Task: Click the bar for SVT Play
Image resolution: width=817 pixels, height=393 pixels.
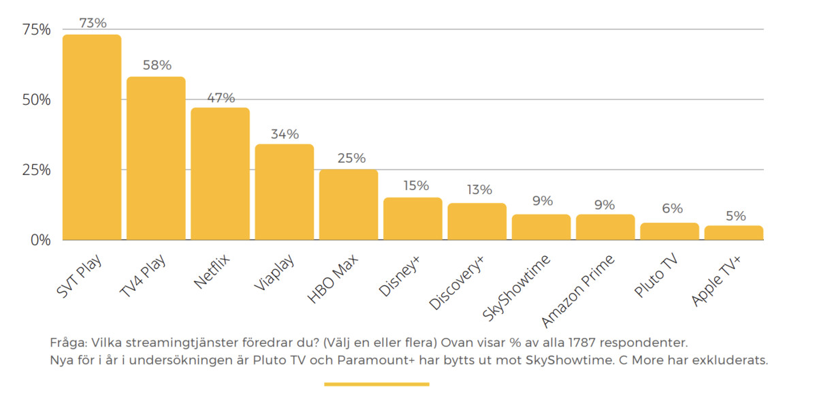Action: (x=92, y=136)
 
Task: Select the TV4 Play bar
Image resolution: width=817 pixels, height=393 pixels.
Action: (x=156, y=158)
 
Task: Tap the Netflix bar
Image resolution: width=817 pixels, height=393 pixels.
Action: (x=220, y=174)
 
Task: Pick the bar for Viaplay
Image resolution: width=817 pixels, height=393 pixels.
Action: (x=284, y=192)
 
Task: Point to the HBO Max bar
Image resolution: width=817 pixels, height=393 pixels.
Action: (x=349, y=204)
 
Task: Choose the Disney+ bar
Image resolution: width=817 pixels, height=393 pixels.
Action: (x=413, y=219)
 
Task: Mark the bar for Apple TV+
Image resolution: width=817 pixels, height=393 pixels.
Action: (x=733, y=232)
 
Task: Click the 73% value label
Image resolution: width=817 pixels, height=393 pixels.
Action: (x=93, y=23)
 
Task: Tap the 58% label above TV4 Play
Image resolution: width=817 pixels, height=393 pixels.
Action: (x=157, y=65)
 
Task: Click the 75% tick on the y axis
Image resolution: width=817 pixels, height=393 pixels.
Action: (x=36, y=29)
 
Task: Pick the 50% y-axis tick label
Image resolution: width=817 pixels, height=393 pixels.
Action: (x=36, y=99)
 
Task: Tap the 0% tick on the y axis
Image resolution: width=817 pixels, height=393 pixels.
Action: (x=39, y=240)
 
